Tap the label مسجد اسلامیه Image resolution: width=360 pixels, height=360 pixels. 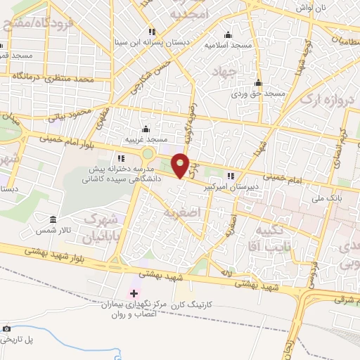[229, 44]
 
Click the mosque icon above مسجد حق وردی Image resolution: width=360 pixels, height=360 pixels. [259, 82]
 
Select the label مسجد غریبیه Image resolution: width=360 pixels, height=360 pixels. [145, 139]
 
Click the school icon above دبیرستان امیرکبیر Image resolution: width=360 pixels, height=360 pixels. [231, 176]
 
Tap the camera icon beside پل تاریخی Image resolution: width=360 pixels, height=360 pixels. [6, 328]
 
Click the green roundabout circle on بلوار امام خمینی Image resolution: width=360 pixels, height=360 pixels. [148, 154]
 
